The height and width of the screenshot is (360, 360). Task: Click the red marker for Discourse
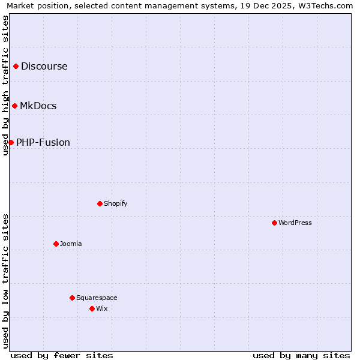(16, 66)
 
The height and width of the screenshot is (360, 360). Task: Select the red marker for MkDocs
(14, 106)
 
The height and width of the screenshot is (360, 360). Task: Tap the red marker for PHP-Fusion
(11, 142)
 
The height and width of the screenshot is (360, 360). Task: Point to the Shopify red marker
(100, 203)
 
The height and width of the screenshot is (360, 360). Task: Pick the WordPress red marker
(274, 223)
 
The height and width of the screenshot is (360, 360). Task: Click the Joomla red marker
(56, 244)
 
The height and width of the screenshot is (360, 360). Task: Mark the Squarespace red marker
(72, 298)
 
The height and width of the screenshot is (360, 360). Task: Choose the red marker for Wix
(92, 308)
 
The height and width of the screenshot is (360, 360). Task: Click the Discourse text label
(44, 66)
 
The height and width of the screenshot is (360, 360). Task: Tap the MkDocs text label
(38, 106)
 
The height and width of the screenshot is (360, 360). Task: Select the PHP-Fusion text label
(43, 142)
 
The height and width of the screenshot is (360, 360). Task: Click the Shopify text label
(116, 203)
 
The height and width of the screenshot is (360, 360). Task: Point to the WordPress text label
(295, 223)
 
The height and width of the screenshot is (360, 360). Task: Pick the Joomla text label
(71, 244)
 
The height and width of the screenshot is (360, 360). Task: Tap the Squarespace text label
(97, 298)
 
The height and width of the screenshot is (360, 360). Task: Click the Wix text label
(101, 308)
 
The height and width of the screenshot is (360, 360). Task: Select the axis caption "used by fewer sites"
(62, 355)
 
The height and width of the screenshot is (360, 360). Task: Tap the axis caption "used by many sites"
(301, 355)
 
